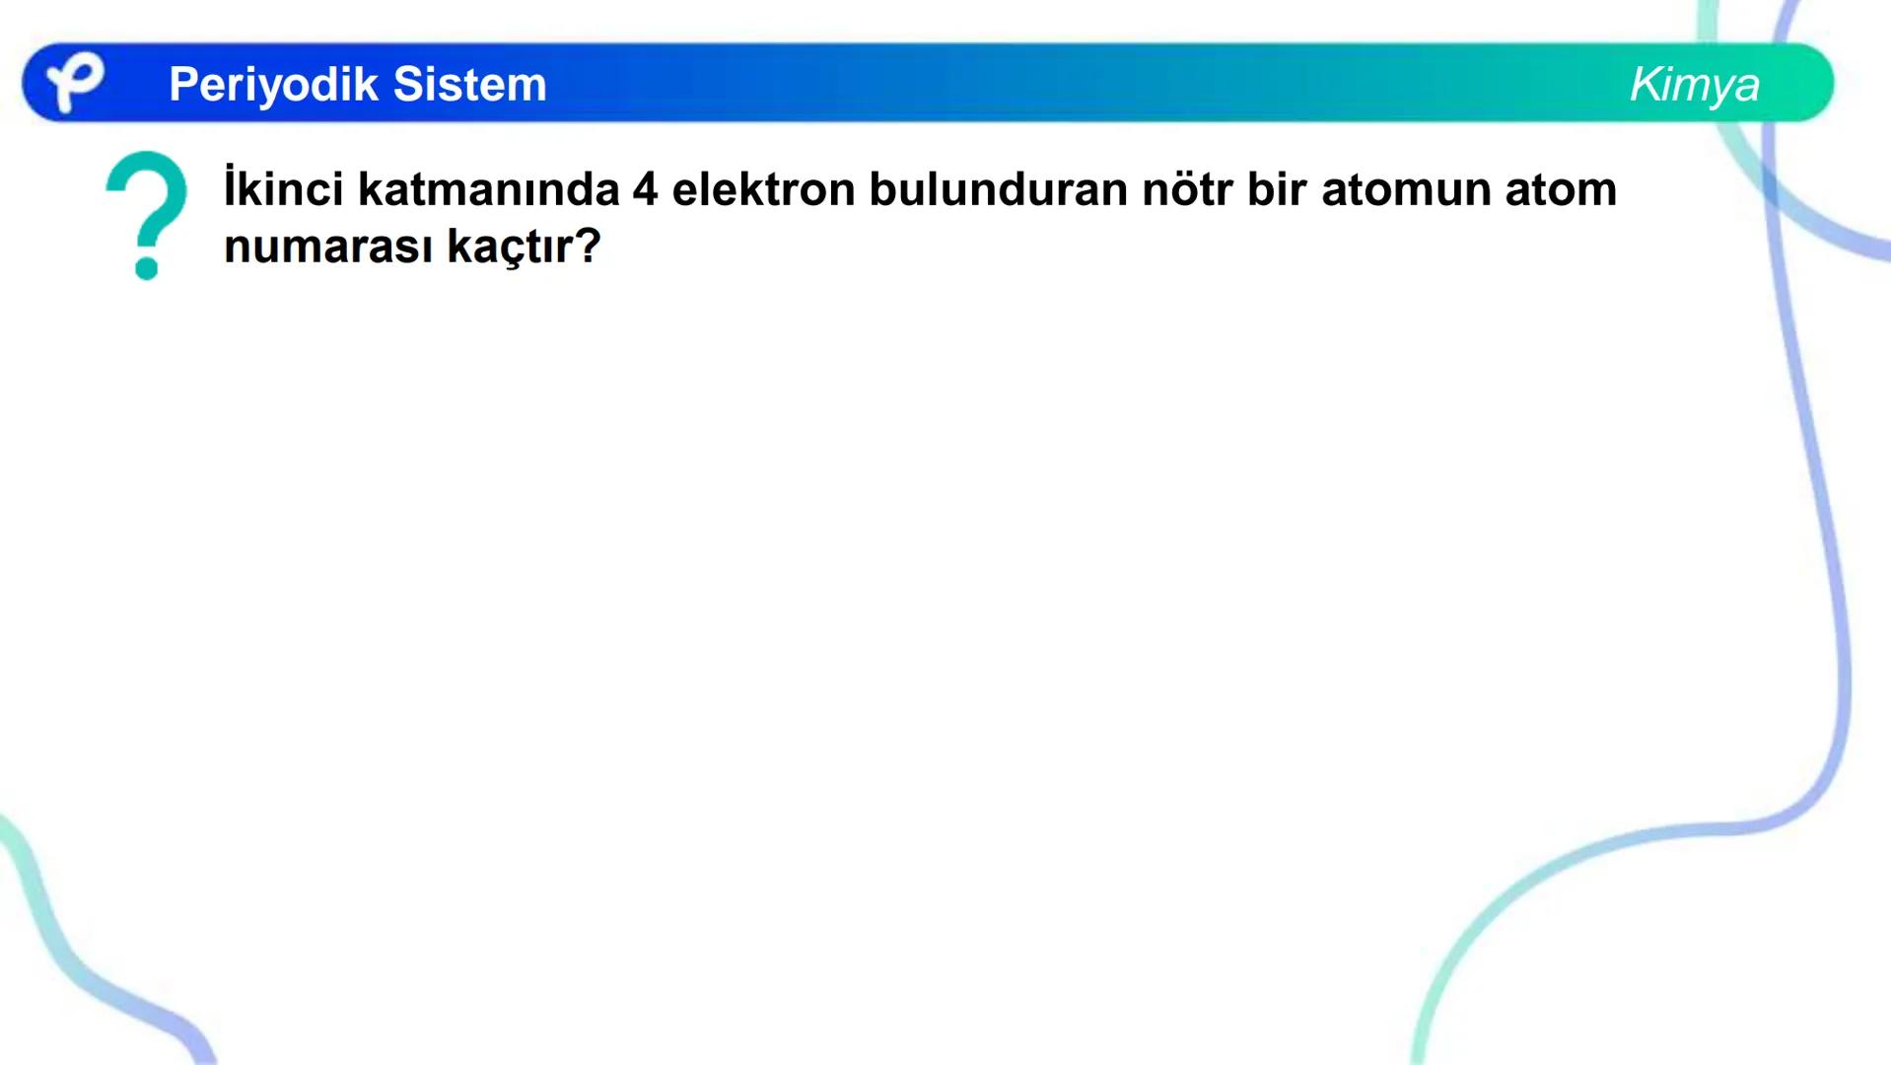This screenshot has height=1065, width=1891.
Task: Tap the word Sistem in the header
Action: click(469, 85)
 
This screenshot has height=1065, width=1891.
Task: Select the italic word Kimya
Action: click(1694, 85)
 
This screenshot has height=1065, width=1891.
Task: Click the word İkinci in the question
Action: click(283, 189)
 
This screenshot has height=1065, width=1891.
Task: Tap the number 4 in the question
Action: click(645, 189)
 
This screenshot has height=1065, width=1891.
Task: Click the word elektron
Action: click(763, 189)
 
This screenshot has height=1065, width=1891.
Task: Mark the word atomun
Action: click(1405, 189)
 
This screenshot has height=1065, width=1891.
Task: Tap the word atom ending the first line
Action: click(1561, 189)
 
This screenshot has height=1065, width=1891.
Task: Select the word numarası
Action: click(327, 247)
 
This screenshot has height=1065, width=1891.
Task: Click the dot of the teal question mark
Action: click(147, 267)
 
